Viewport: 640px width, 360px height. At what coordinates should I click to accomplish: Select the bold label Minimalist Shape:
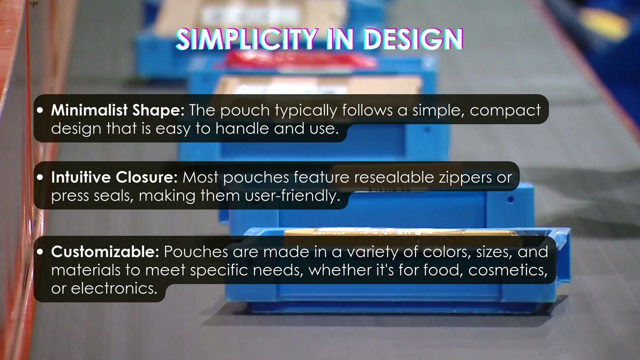point(118,110)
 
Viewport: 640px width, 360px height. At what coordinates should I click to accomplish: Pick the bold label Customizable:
point(104,251)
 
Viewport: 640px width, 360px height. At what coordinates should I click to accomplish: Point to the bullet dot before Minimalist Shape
point(40,110)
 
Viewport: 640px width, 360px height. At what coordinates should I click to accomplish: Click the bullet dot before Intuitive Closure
point(40,177)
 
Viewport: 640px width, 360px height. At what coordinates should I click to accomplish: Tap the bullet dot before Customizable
point(40,252)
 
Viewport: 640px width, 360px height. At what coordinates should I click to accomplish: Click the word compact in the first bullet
point(505,110)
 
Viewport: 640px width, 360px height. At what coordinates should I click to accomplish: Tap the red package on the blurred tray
point(300,60)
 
